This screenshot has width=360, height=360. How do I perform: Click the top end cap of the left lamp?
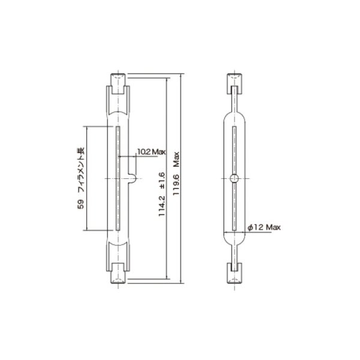pyautogui.click(x=119, y=79)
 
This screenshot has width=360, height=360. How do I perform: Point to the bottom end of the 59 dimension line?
pyautogui.click(x=88, y=229)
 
